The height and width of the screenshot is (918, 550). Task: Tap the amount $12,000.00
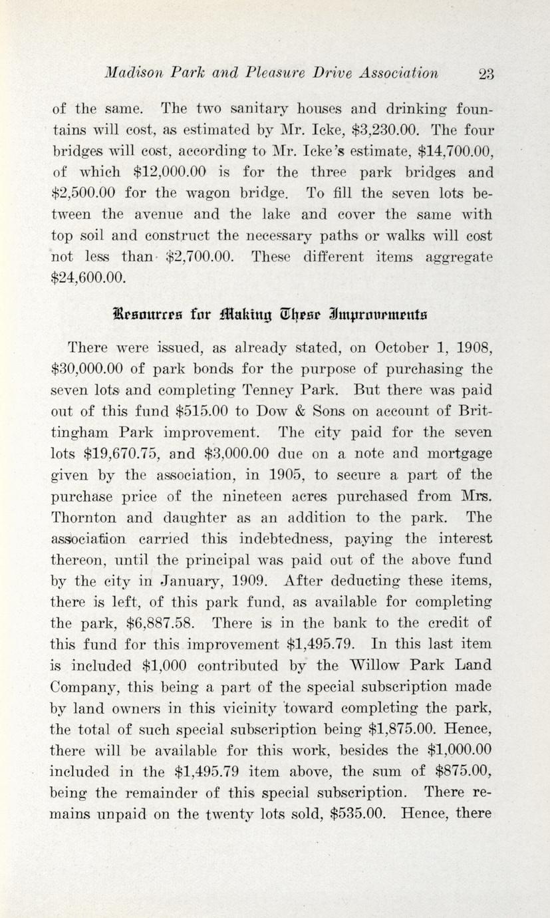pos(168,172)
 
